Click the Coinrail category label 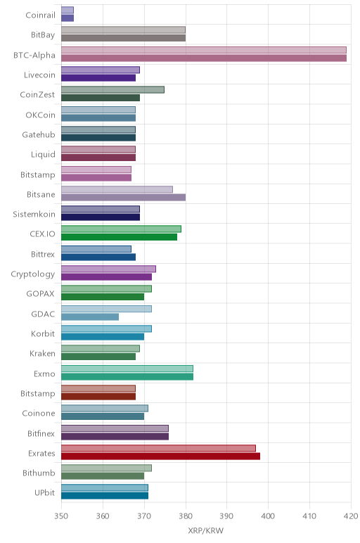click(40, 15)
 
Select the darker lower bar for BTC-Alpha click(204, 58)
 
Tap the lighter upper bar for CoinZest click(112, 90)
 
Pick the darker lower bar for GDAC click(90, 317)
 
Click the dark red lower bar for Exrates click(160, 456)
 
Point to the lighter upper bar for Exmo click(127, 369)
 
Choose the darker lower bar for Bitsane click(123, 198)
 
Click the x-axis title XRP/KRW click(205, 530)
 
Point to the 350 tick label click(61, 516)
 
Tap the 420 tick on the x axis click(351, 516)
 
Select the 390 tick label click(226, 516)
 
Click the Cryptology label click(33, 274)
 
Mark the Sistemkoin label click(34, 214)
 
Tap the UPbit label click(44, 492)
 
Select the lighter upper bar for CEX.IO click(121, 229)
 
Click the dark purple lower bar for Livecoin click(98, 78)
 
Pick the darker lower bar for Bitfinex click(115, 436)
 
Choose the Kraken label click(42, 354)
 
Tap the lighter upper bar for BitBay click(123, 30)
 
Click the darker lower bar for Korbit click(103, 337)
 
